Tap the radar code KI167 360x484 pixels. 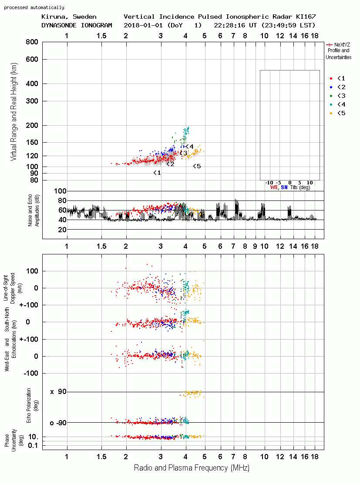point(306,17)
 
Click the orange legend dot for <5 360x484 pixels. point(331,113)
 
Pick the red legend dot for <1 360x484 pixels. point(331,78)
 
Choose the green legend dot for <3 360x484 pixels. point(331,96)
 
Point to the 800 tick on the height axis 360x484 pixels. point(32,42)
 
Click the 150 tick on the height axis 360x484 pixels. point(32,142)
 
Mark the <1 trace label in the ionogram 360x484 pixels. point(157,173)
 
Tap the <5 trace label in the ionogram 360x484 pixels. point(197,167)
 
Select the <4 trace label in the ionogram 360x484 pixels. point(189,146)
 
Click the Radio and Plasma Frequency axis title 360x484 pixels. point(192,468)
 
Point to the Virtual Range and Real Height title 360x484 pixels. point(14,112)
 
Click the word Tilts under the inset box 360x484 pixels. point(293,187)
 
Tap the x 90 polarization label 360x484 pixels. point(58,392)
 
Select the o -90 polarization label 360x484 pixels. point(58,423)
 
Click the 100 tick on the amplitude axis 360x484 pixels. point(60,191)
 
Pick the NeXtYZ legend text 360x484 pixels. point(342,45)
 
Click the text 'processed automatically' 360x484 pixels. point(34,7)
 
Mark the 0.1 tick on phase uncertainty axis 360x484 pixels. point(33,445)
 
